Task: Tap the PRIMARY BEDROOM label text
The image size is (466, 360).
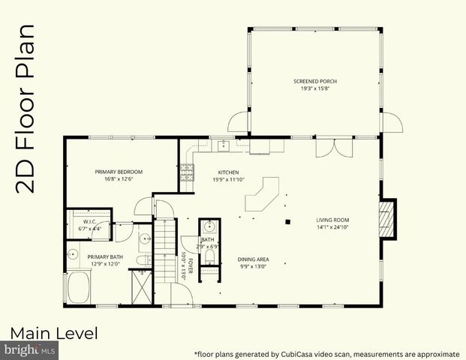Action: click(x=119, y=172)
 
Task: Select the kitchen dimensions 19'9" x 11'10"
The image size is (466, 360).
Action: click(x=228, y=179)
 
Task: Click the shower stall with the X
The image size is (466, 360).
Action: click(x=140, y=285)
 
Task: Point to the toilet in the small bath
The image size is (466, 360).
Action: click(x=209, y=256)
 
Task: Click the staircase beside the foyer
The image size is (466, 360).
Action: click(x=166, y=251)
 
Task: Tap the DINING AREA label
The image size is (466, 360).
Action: click(x=253, y=259)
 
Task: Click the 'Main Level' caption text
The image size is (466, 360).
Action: click(x=54, y=332)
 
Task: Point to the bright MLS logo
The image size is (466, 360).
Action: click(x=30, y=349)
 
